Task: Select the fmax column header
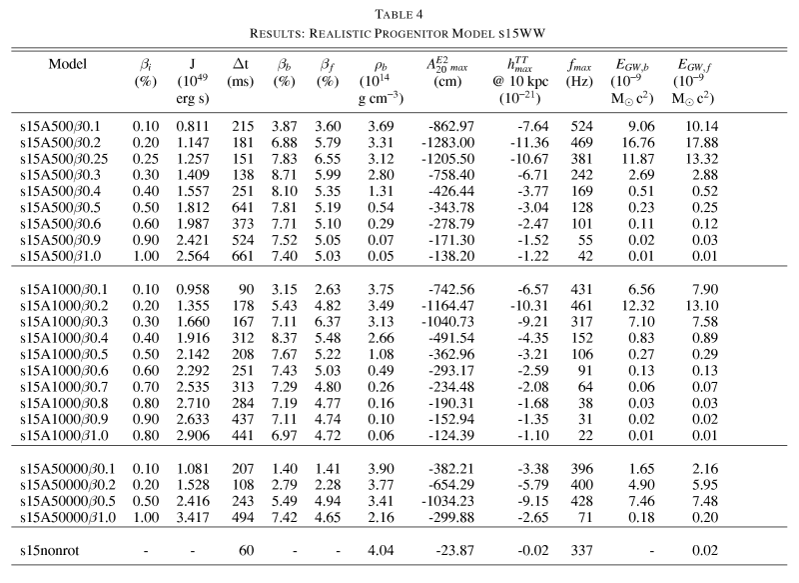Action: click(579, 64)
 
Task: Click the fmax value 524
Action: click(579, 127)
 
